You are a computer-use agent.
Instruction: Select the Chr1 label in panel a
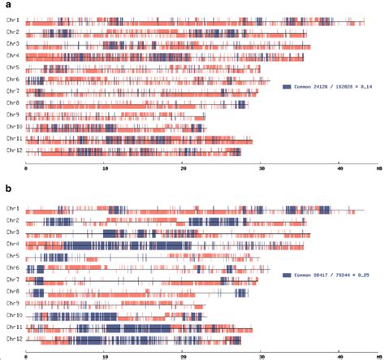point(12,20)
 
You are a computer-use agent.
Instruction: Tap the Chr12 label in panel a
point(13,150)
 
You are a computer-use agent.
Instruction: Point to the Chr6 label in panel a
point(12,79)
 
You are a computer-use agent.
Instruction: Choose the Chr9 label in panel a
point(12,115)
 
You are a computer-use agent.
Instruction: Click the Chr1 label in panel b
point(12,209)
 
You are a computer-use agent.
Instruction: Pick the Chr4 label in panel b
point(12,244)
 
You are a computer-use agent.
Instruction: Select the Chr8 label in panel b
point(12,291)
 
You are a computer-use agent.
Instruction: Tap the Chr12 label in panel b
point(13,339)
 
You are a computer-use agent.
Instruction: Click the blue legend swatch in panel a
point(287,87)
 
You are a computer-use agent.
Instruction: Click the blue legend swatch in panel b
point(287,276)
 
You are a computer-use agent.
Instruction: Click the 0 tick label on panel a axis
point(26,168)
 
